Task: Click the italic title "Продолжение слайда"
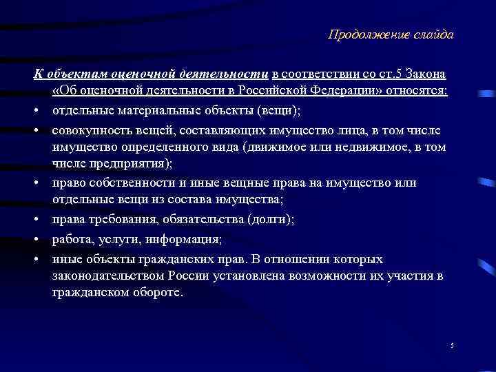tap(391, 35)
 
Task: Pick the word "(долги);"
tap(271, 219)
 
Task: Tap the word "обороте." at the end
tap(160, 292)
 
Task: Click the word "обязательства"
tap(194, 219)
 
